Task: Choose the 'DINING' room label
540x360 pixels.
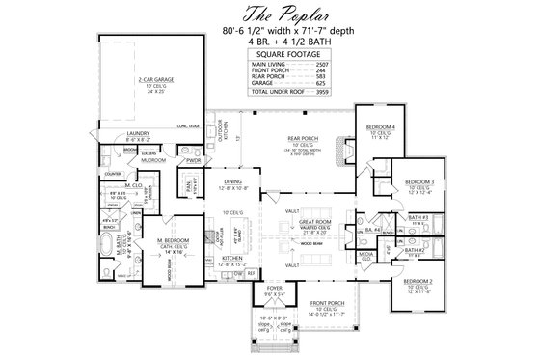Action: pos(230,180)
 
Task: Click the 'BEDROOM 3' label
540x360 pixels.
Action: pos(418,181)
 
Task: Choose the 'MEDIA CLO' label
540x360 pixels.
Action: pos(366,255)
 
